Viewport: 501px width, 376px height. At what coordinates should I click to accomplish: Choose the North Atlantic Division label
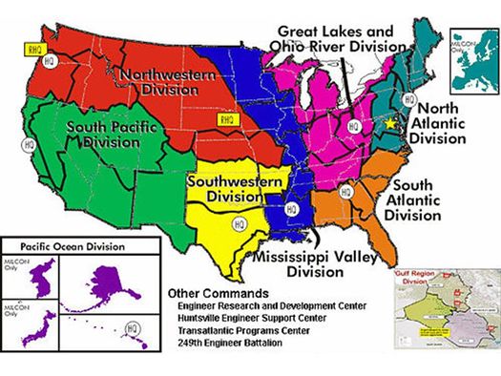pyautogui.click(x=441, y=122)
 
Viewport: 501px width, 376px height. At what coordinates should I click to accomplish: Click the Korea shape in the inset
pyautogui.click(x=41, y=282)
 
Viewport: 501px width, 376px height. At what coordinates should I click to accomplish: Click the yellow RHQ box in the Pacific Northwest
pyautogui.click(x=32, y=44)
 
